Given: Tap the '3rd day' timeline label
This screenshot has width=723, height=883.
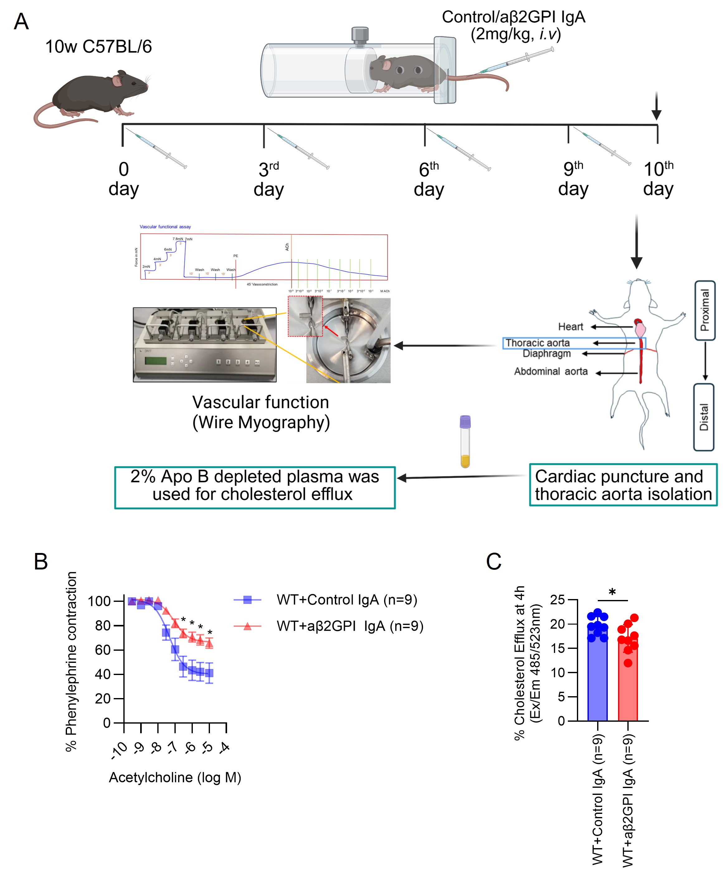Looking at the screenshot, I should (x=269, y=179).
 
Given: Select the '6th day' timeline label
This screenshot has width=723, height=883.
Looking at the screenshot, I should (x=429, y=179).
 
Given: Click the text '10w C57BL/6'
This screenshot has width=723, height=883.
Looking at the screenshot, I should (x=98, y=47).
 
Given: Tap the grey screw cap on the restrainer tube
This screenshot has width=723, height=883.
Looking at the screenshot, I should (x=360, y=35).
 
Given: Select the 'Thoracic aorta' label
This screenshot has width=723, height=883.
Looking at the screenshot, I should (x=537, y=342).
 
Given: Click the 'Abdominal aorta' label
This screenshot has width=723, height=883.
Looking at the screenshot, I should (x=550, y=371).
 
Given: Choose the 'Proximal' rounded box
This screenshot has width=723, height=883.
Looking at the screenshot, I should (x=705, y=310).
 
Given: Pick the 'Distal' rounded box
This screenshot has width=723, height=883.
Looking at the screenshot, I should (x=703, y=417).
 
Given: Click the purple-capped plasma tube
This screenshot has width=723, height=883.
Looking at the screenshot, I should (x=465, y=441).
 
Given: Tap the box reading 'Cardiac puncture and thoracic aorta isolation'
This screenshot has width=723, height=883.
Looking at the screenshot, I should (x=623, y=485).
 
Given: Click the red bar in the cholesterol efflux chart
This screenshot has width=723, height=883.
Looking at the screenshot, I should (x=628, y=683).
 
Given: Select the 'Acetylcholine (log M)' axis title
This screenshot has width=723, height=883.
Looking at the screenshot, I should (x=175, y=777).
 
